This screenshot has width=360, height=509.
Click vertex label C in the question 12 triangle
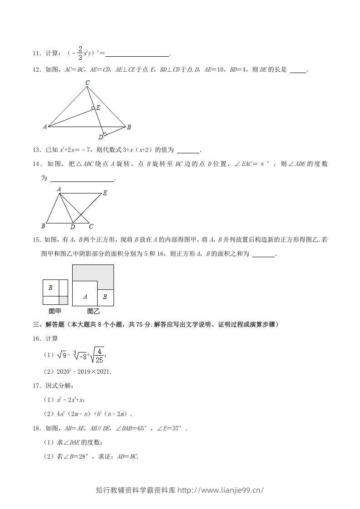(x=88, y=83)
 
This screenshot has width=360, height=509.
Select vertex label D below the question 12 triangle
(x=101, y=137)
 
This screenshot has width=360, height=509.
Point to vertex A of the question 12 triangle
(x=45, y=127)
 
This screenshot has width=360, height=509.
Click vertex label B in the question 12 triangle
(x=129, y=127)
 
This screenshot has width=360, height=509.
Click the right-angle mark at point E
(x=93, y=108)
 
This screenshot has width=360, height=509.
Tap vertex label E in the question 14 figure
(x=105, y=193)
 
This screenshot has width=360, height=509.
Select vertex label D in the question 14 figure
(x=72, y=227)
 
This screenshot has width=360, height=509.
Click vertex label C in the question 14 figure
(x=91, y=226)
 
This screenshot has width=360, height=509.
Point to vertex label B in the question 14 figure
(x=43, y=226)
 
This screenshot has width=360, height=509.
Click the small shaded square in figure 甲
(x=63, y=300)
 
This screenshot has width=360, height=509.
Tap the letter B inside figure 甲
(x=50, y=288)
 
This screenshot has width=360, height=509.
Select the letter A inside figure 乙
(x=85, y=297)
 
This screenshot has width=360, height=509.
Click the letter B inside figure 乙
(x=105, y=297)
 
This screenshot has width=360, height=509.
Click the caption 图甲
(x=55, y=311)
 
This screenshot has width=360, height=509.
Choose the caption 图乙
(x=93, y=311)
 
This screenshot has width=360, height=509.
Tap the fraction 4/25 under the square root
(x=99, y=355)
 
